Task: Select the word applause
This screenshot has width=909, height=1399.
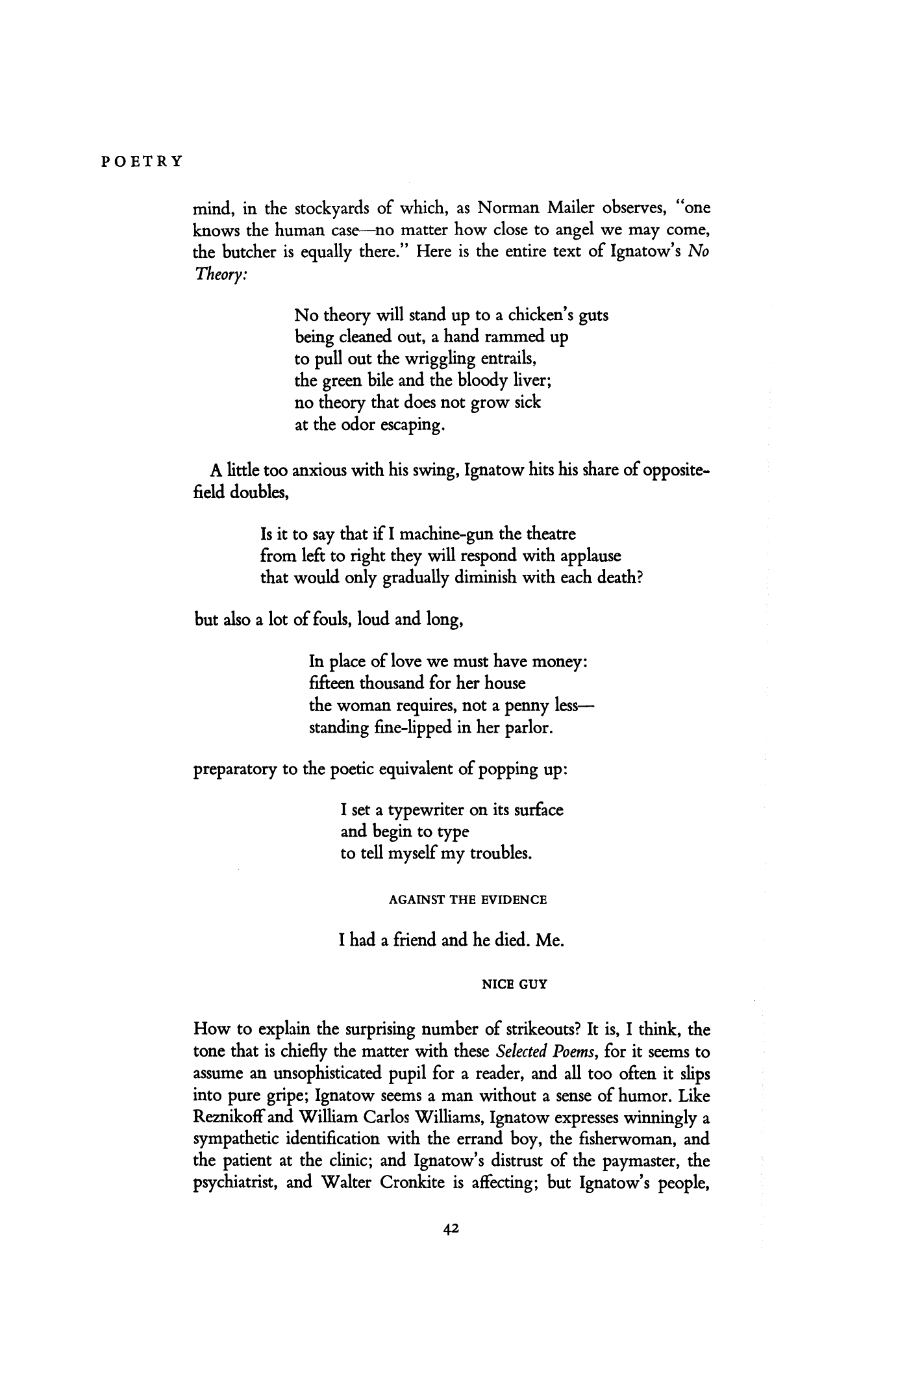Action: (x=588, y=557)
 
